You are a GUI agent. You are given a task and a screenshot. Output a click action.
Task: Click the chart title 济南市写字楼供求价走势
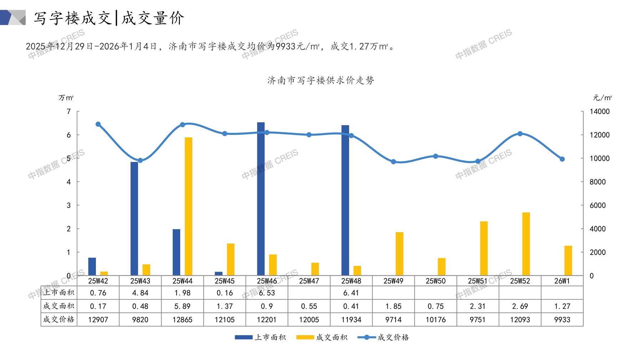[321, 81]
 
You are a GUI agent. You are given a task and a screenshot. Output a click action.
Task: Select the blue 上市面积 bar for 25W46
[261, 199]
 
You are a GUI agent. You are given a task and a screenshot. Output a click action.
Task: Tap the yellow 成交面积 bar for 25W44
[188, 206]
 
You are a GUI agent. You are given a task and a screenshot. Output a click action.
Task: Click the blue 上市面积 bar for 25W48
[345, 200]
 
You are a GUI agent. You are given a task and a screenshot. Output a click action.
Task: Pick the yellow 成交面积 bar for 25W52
[526, 244]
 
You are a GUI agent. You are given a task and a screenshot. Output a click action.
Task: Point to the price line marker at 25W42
[98, 124]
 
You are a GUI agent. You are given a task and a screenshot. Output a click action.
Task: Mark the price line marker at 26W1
[562, 159]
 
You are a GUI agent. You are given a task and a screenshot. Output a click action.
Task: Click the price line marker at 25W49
[393, 162]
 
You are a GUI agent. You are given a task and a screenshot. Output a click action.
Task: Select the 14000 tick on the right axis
[600, 112]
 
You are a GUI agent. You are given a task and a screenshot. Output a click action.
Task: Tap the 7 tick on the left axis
[69, 112]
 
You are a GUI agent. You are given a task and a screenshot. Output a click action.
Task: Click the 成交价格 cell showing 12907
[98, 320]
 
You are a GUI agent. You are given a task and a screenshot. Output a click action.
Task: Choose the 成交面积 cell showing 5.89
[182, 306]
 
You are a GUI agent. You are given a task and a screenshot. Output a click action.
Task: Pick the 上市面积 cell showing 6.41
[351, 293]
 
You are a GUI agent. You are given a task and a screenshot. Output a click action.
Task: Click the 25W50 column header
[436, 281]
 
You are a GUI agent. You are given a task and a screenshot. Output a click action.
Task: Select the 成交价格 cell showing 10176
[436, 320]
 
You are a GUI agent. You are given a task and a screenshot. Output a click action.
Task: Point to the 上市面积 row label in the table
[59, 293]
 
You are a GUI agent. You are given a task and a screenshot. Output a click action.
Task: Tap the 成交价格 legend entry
[383, 337]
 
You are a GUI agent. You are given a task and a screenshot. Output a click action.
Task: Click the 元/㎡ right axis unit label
[602, 98]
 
